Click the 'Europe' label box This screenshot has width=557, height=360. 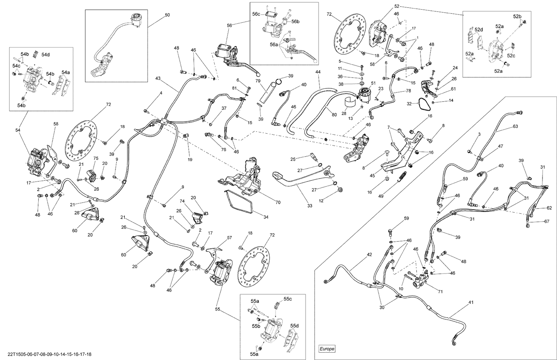point(327,349)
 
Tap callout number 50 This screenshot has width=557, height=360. point(167,15)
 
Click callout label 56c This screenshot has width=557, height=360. point(257,14)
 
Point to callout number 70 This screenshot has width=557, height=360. point(278,202)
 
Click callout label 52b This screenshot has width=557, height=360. point(517,17)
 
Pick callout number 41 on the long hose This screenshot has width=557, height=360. point(471,302)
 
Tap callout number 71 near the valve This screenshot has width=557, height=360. point(440,292)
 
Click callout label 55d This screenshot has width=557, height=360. point(294,326)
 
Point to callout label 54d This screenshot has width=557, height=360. point(46,55)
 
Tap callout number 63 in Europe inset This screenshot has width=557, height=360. point(515,127)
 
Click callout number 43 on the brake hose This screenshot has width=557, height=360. point(158,78)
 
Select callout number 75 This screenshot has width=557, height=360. point(96,158)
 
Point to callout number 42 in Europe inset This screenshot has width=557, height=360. point(369,255)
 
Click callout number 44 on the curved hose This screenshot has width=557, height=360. point(318,71)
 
